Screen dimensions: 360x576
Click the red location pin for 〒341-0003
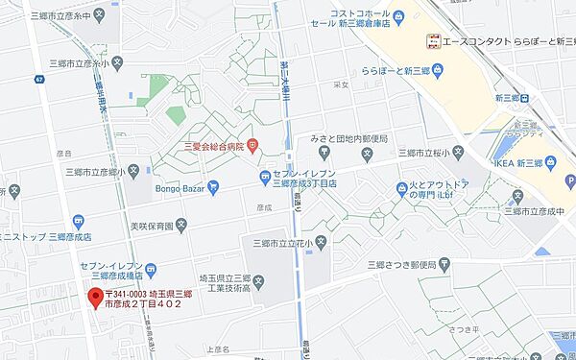pos(95,296)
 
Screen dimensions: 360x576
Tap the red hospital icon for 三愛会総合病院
pos(252,146)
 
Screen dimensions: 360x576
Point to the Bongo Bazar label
pos(180,188)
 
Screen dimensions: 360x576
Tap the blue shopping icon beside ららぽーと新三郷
pos(438,70)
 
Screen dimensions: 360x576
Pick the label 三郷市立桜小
pos(422,153)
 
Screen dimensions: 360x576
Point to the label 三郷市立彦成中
pos(543,211)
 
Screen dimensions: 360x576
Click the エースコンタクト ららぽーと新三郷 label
pos(504,40)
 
